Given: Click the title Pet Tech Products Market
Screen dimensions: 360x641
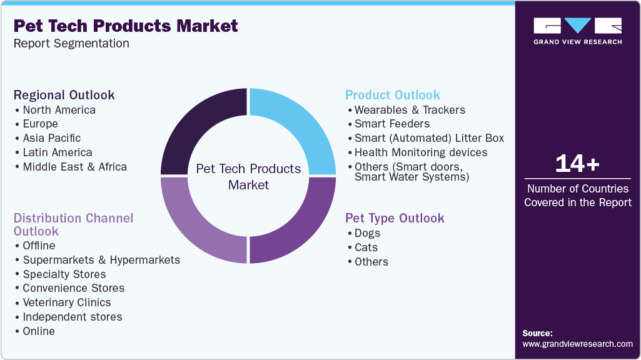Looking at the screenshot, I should pos(126,26).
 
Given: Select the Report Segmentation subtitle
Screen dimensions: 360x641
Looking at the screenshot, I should pos(71,44).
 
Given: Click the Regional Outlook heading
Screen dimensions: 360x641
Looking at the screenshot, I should pos(64,95).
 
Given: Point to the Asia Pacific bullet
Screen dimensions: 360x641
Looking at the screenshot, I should pos(51,138).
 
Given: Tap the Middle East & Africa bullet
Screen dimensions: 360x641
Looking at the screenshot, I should pos(74,167).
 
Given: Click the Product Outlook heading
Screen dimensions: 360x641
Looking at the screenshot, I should pos(393,95).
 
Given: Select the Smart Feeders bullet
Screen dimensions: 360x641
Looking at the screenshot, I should pos(391,124).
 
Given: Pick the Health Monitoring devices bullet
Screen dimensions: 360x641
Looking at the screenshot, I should pos(420,152).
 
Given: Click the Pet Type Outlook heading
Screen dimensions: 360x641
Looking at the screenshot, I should pos(395,218).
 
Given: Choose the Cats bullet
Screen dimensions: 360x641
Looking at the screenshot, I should pos(366,247).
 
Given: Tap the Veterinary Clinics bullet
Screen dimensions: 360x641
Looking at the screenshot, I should pos(66,302).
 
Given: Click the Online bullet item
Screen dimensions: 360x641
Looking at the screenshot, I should pos(39,331).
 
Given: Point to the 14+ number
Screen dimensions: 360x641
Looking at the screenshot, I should pos(577,164).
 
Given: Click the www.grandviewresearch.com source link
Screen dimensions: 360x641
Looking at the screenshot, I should pos(577,344).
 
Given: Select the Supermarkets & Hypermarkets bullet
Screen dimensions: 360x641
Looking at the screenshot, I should pos(101,260).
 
